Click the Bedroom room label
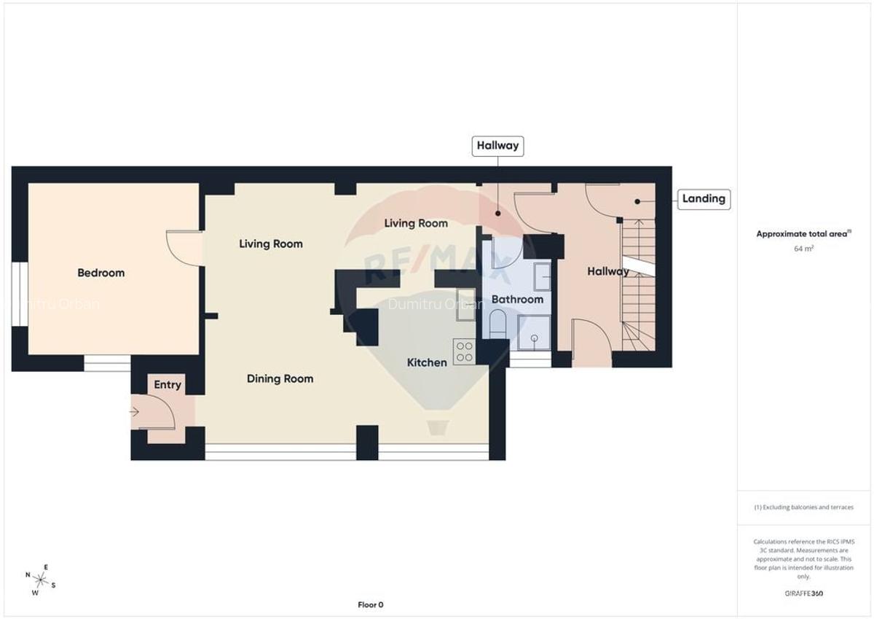pyautogui.click(x=101, y=273)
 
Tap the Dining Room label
pyautogui.click(x=280, y=378)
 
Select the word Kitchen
pyautogui.click(x=427, y=362)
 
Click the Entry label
pyautogui.click(x=168, y=385)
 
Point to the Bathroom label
pyautogui.click(x=517, y=299)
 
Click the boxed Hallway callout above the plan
pyautogui.click(x=497, y=145)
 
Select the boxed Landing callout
pyautogui.click(x=703, y=198)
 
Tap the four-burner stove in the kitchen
pyautogui.click(x=464, y=352)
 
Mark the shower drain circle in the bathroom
pyautogui.click(x=535, y=338)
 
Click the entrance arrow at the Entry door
pyautogui.click(x=134, y=412)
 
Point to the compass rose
pyautogui.click(x=40, y=580)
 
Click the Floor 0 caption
pyautogui.click(x=370, y=604)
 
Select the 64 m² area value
pyautogui.click(x=803, y=248)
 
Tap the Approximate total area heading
pyautogui.click(x=803, y=234)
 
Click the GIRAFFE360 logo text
pyautogui.click(x=803, y=593)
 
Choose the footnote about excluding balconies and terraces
pyautogui.click(x=803, y=507)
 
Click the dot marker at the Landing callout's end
pyautogui.click(x=637, y=201)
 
